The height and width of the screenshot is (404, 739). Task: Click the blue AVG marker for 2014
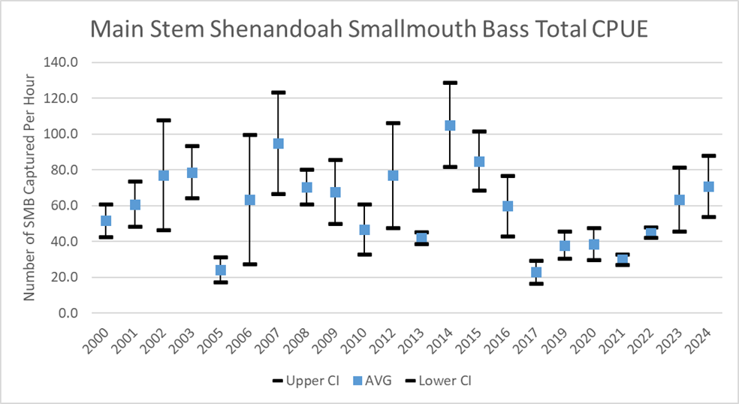point(450,125)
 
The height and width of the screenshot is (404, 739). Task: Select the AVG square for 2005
point(221,270)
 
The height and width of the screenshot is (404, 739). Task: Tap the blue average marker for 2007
point(278,143)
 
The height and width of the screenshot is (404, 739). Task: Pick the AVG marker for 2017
point(536,273)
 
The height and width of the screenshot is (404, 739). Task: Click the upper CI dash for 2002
point(164,120)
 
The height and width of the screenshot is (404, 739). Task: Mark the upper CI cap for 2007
point(278,92)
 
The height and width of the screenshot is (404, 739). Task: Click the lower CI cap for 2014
point(450,167)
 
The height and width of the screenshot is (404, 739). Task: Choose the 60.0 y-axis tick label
point(64,206)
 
